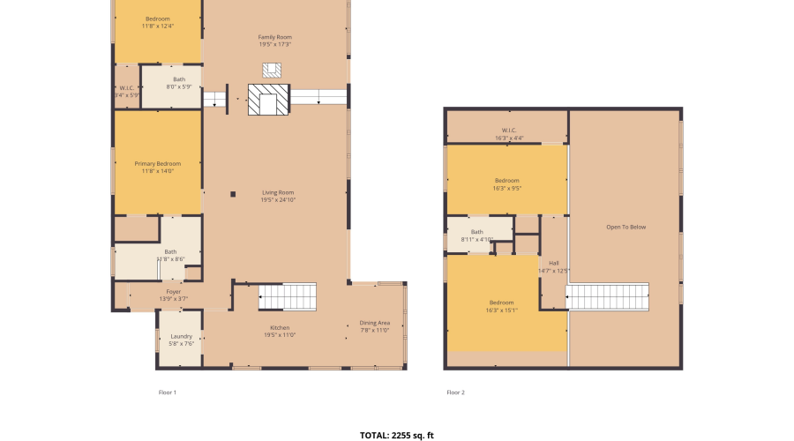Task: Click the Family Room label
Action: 274,41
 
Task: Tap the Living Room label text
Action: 277,196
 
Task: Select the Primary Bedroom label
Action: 157,168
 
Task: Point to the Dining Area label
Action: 375,326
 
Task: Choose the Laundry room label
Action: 181,340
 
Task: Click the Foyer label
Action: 173,295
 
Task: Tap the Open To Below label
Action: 625,227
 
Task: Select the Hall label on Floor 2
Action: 554,266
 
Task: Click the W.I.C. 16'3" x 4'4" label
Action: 508,134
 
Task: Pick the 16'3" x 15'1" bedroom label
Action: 501,306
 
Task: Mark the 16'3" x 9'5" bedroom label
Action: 506,183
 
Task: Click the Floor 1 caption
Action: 167,392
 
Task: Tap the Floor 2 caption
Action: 455,392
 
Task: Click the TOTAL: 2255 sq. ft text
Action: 397,435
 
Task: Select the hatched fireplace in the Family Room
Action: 268,100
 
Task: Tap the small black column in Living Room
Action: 233,194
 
